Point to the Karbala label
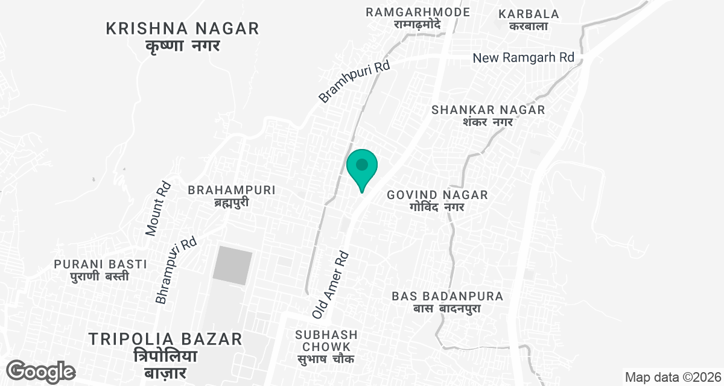click(529, 14)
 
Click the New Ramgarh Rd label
click(523, 58)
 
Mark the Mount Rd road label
click(159, 209)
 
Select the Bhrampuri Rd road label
click(176, 270)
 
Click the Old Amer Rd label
click(331, 285)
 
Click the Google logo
click(41, 372)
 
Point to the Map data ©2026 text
click(673, 378)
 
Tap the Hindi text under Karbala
click(529, 26)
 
